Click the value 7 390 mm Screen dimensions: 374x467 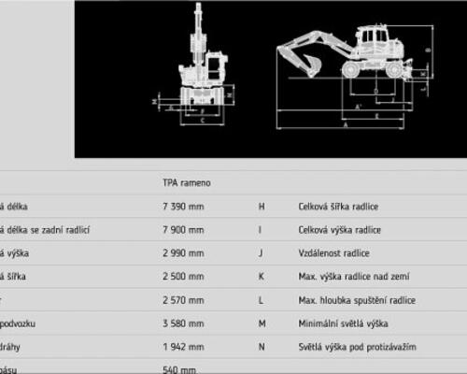[x=182, y=207]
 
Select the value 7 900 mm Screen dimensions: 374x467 [x=182, y=230]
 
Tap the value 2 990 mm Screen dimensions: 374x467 [x=182, y=253]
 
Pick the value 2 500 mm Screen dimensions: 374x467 [x=182, y=277]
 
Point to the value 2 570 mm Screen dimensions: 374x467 [x=182, y=300]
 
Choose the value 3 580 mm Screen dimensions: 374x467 [x=182, y=324]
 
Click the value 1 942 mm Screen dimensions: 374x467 [x=182, y=347]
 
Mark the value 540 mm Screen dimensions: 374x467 [x=177, y=368]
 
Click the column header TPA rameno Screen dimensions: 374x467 [x=186, y=183]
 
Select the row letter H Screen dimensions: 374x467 [x=262, y=207]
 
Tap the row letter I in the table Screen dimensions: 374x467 [x=262, y=230]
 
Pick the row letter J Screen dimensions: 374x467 [x=262, y=253]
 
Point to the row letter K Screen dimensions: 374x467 [x=262, y=277]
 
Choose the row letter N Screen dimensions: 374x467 [x=262, y=347]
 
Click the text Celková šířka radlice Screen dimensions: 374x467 [x=338, y=207]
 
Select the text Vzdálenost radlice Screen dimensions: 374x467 [x=333, y=253]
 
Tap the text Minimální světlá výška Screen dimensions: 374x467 [x=342, y=324]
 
